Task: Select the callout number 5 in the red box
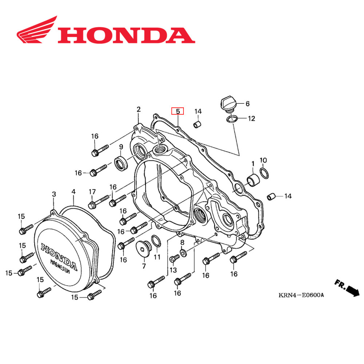click(x=178, y=111)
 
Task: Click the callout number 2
click(x=138, y=110)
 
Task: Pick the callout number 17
click(x=92, y=192)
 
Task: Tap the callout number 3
click(x=54, y=194)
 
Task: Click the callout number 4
click(x=74, y=191)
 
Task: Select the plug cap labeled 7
click(x=143, y=248)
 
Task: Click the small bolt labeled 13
click(x=174, y=258)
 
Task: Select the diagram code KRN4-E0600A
click(x=301, y=295)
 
